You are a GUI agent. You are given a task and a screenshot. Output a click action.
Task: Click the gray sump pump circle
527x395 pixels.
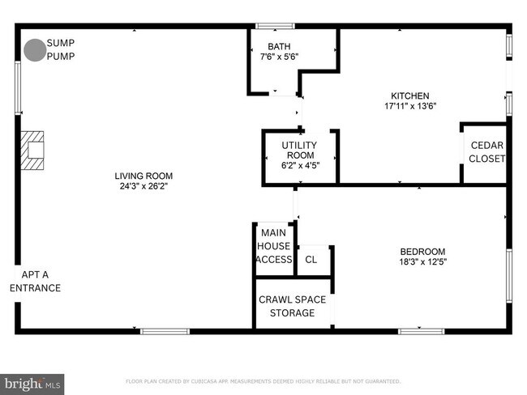[x=34, y=50]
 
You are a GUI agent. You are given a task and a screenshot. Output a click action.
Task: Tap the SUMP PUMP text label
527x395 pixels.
[x=59, y=49]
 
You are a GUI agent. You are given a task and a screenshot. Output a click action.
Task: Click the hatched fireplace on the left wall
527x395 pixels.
[x=32, y=151]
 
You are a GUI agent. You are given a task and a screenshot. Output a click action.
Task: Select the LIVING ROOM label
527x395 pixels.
[x=144, y=176]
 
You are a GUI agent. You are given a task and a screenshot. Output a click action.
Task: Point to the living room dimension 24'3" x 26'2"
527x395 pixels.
[x=144, y=186]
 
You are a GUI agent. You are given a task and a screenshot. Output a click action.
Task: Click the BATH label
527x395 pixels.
[x=279, y=46]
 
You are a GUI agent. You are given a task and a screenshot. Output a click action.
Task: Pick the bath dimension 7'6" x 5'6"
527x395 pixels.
[x=279, y=57]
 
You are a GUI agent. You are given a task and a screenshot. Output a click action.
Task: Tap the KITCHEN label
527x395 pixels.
[x=410, y=96]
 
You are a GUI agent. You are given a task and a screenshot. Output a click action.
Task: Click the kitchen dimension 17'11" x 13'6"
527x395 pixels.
[x=410, y=106]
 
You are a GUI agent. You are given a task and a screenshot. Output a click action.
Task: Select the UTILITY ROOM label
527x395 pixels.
[x=299, y=151]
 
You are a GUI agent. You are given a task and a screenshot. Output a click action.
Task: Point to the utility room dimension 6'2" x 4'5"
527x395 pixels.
[x=299, y=166]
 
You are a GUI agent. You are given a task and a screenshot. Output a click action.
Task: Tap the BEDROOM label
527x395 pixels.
[x=422, y=251]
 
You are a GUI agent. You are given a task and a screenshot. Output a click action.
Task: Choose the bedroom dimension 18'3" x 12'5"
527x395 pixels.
[x=422, y=261]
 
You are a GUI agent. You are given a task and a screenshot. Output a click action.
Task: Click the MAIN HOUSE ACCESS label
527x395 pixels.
[x=273, y=246]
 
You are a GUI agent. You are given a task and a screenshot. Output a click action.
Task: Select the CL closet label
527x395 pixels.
[x=311, y=260]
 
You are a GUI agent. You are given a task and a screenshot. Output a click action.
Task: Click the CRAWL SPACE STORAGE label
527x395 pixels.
[x=292, y=306]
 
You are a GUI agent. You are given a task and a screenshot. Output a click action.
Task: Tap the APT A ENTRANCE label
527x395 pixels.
[x=35, y=281]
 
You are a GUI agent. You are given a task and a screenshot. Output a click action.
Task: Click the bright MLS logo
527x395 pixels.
[x=32, y=382]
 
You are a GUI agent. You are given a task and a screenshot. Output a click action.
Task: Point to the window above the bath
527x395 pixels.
[x=275, y=27]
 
